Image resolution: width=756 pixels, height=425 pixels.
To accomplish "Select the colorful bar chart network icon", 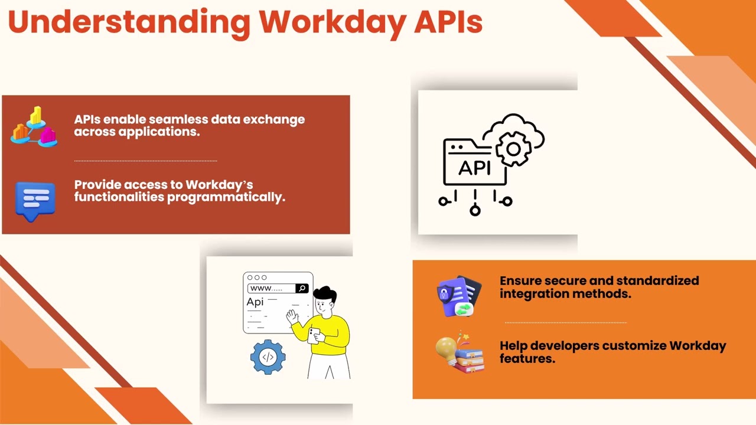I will (x=34, y=126).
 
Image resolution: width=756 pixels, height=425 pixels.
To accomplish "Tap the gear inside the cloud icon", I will (x=513, y=149).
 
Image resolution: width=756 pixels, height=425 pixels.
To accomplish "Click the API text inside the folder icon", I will (x=474, y=168).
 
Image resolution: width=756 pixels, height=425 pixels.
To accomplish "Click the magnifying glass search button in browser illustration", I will (x=302, y=288).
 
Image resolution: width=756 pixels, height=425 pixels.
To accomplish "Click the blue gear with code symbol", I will (x=268, y=357).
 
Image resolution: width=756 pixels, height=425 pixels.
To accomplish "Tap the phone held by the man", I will (x=314, y=335).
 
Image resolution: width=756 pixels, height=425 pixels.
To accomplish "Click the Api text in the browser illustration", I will (x=255, y=302).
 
